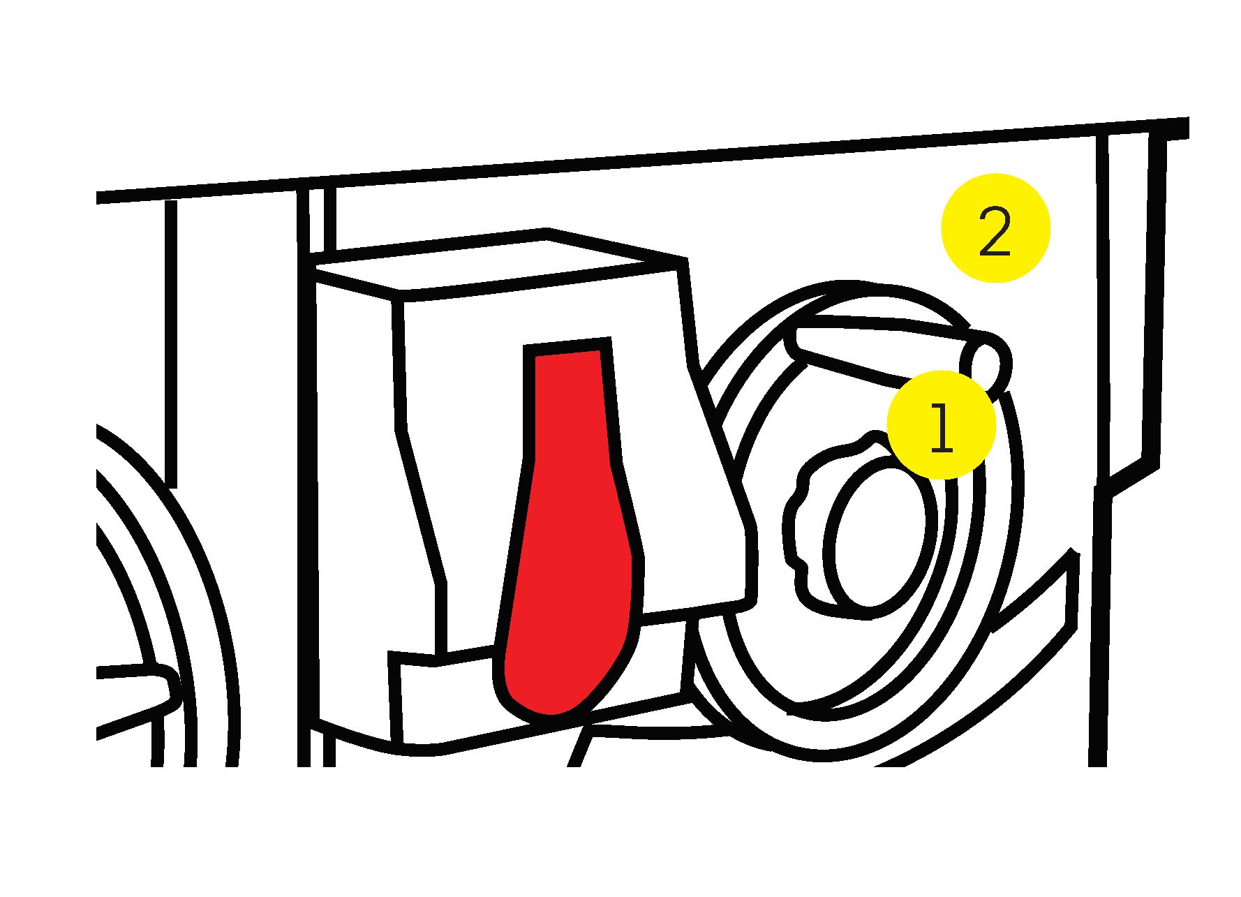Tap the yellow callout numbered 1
pyautogui.click(x=941, y=425)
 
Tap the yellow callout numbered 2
pyautogui.click(x=995, y=228)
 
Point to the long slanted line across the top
pyautogui.click(x=642, y=162)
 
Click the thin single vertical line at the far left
pyautogui.click(x=171, y=342)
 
